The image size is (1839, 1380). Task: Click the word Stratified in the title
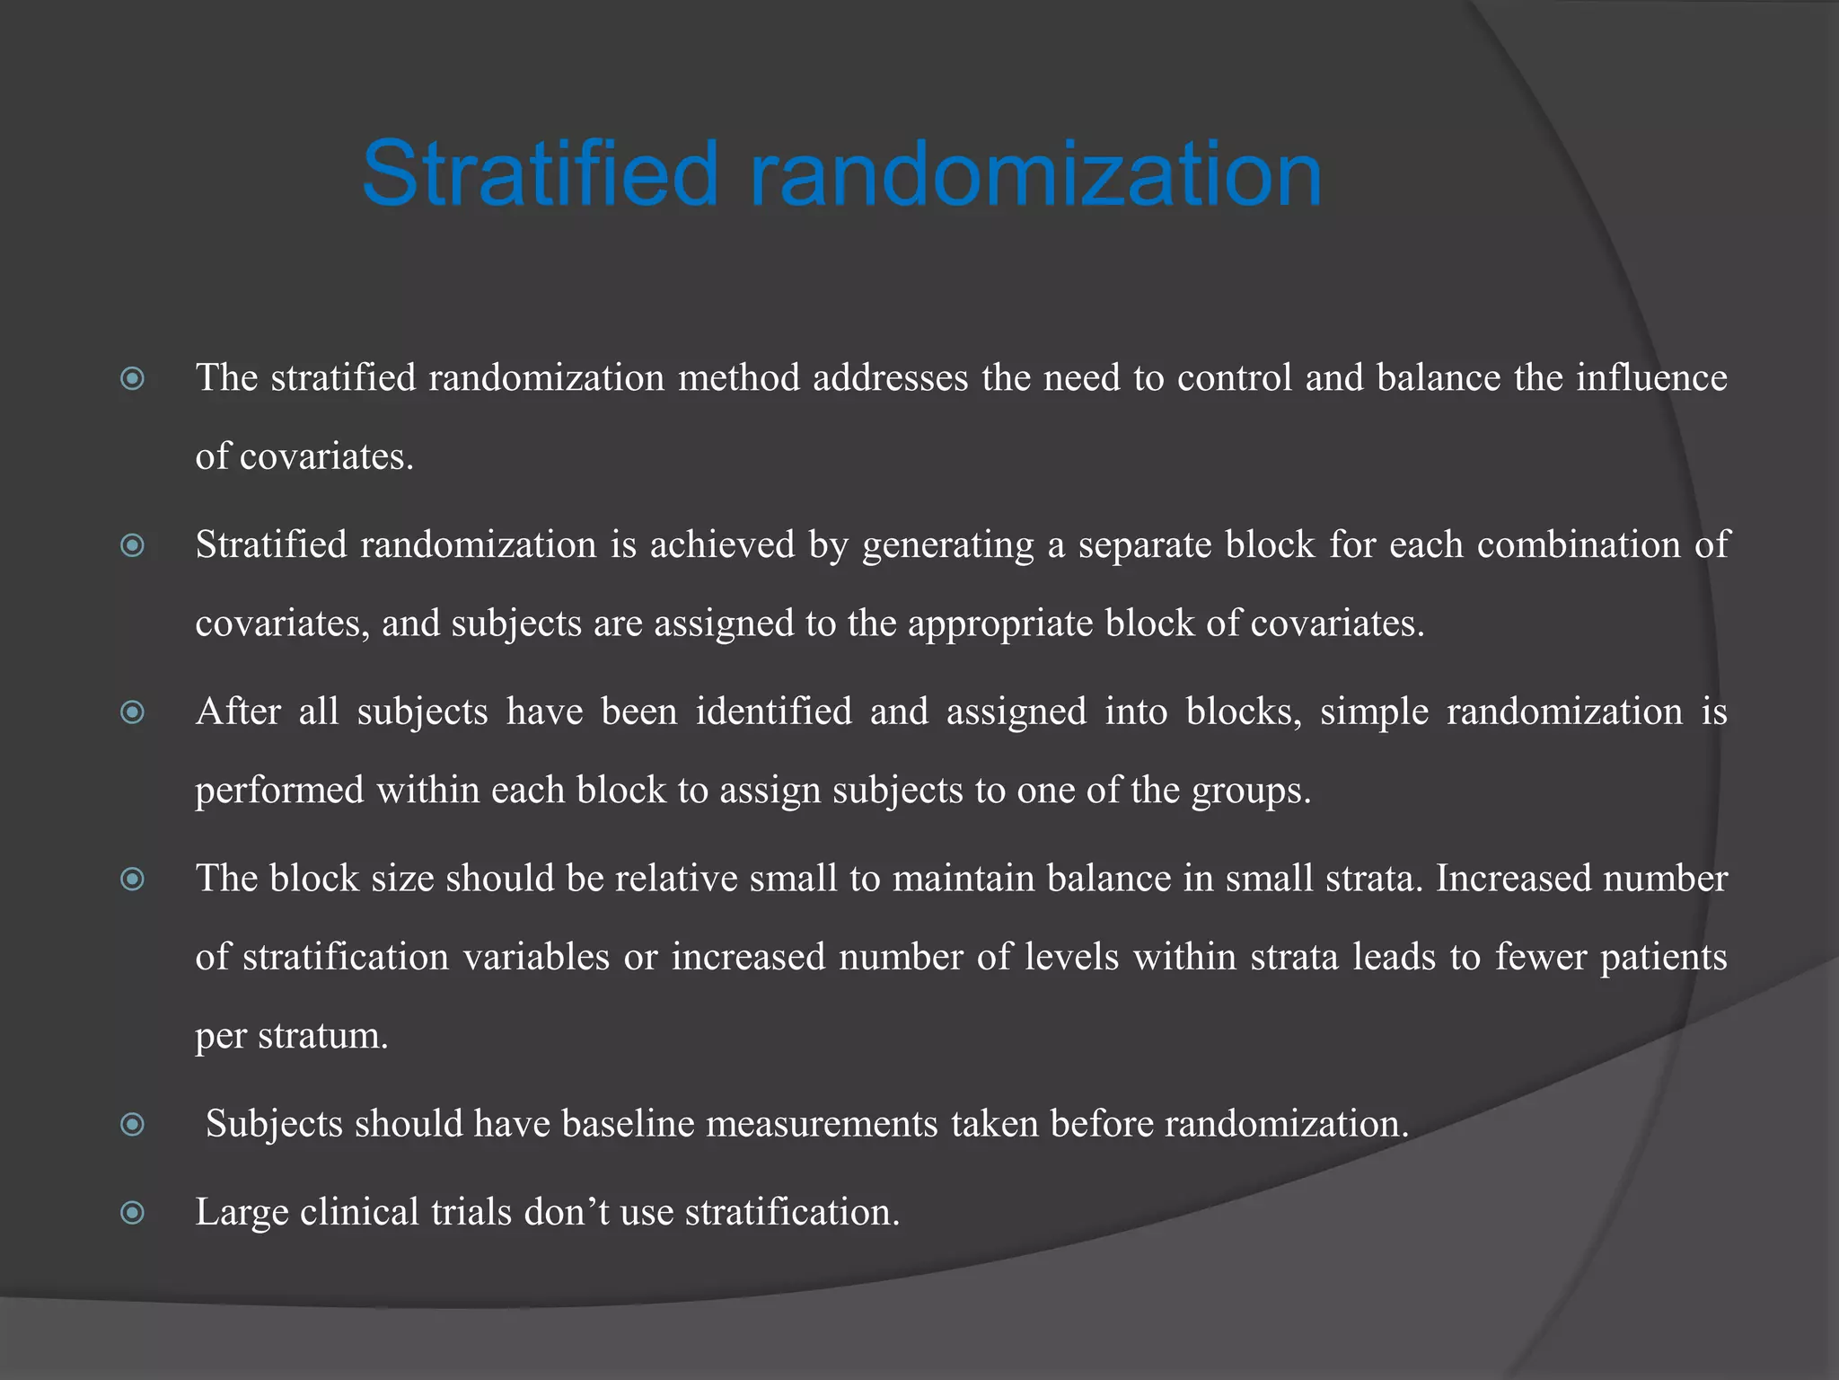(541, 173)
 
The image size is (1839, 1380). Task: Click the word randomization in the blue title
(1035, 173)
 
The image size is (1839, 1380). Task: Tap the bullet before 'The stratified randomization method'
(133, 379)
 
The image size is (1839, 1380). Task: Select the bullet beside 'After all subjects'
(133, 713)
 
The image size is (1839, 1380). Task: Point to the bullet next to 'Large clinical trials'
(133, 1214)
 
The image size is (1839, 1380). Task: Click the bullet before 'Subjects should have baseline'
(133, 1125)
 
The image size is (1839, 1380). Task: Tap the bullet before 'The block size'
(133, 880)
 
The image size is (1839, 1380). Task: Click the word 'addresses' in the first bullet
(890, 377)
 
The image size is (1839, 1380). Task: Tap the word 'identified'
(774, 712)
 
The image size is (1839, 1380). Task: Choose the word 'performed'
(279, 791)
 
